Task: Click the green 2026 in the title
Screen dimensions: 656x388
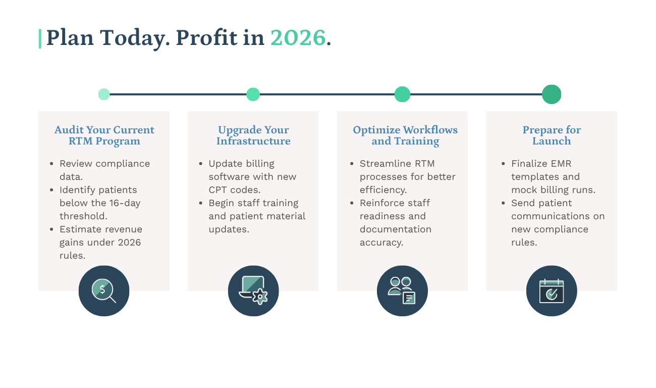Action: [x=298, y=38]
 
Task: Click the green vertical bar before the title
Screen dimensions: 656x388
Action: [x=40, y=39]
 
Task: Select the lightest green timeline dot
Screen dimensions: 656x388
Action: [x=104, y=94]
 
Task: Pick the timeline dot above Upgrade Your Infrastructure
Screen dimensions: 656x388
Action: [x=253, y=94]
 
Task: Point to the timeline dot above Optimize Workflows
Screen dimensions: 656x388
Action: [x=402, y=94]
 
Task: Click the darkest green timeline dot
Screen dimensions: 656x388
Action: [x=552, y=94]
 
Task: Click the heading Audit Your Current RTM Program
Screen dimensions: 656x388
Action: [x=104, y=135]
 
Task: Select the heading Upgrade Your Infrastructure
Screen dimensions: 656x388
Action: [x=253, y=135]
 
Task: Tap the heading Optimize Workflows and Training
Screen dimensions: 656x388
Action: [x=405, y=135]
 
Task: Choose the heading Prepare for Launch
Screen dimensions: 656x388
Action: [x=552, y=135]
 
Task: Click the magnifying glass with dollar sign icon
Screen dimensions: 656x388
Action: [x=104, y=291]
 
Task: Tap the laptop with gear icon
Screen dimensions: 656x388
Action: [x=253, y=290]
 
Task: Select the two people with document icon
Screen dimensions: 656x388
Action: [x=402, y=290]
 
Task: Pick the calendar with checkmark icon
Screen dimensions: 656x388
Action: [x=552, y=291]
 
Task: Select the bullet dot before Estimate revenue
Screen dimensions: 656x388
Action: [x=52, y=229]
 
